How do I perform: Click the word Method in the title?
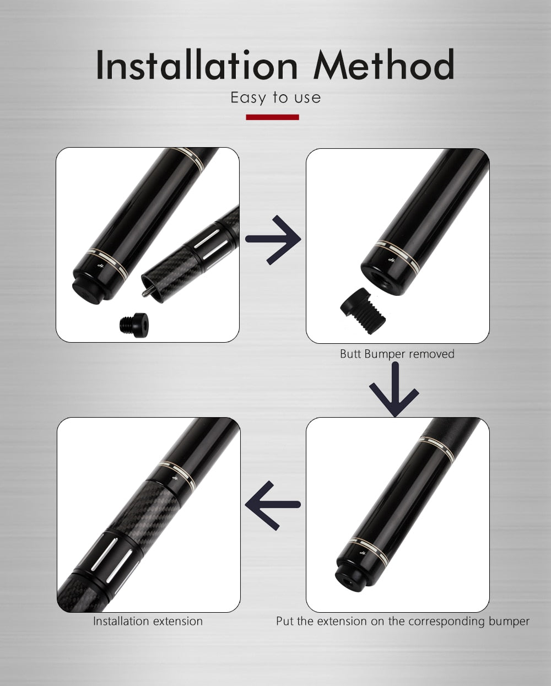[x=384, y=64]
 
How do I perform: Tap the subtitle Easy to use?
[x=275, y=98]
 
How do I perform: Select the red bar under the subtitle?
[x=272, y=117]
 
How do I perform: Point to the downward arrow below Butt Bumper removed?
[x=395, y=390]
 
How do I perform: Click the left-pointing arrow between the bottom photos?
[x=273, y=505]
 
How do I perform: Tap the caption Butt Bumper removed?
[x=397, y=354]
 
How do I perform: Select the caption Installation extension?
[x=148, y=621]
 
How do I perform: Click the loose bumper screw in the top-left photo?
[x=134, y=325]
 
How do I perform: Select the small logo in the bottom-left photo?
[x=175, y=478]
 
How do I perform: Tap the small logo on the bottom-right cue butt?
[x=363, y=553]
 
